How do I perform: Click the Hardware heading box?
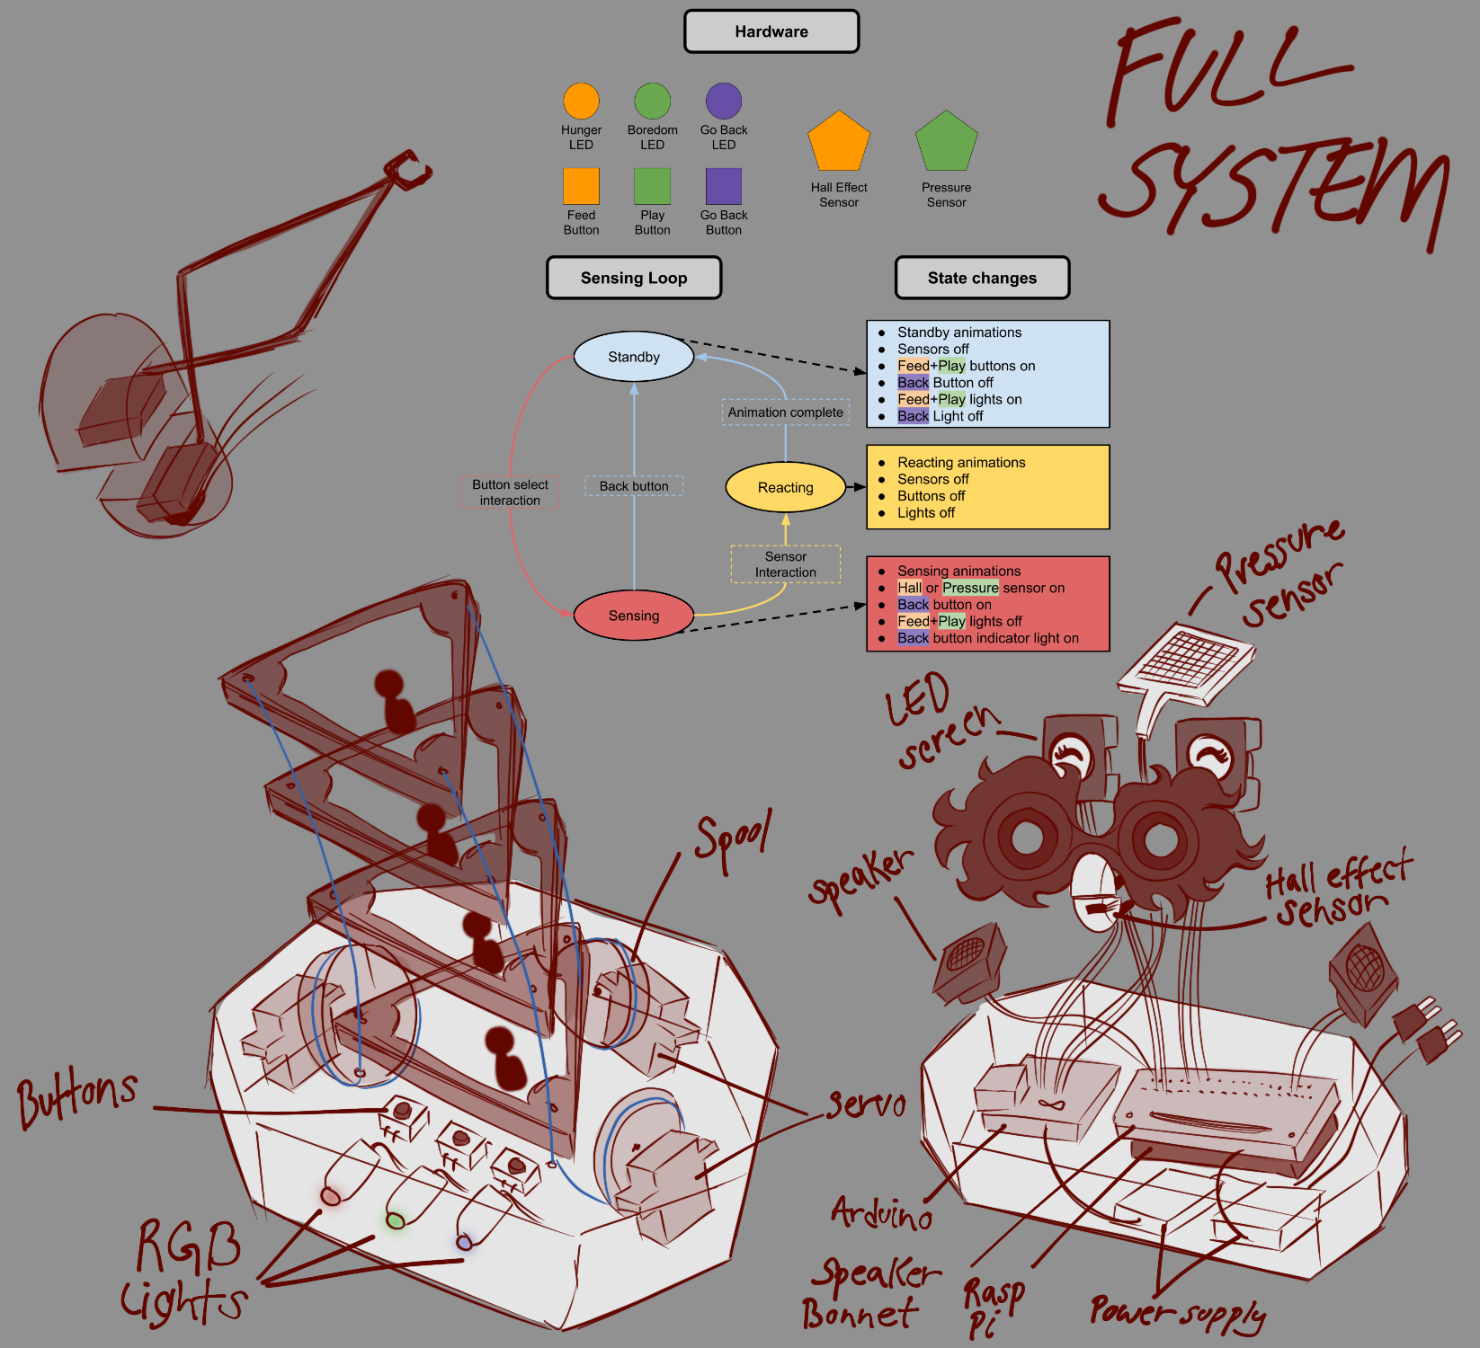click(771, 31)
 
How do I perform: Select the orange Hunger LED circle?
click(581, 102)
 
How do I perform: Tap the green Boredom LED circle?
click(652, 102)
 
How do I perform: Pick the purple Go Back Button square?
click(724, 186)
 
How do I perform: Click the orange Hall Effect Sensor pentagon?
click(839, 142)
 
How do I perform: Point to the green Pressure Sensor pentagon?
click(946, 142)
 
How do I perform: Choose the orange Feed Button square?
click(581, 186)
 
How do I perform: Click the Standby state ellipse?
click(634, 357)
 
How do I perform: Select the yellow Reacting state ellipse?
click(785, 487)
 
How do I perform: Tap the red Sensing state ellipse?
click(634, 616)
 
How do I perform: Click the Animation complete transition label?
click(785, 412)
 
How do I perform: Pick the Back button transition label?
click(634, 486)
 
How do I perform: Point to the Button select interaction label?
click(510, 492)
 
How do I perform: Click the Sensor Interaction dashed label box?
click(785, 564)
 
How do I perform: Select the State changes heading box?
click(982, 278)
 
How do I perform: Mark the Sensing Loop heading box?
click(634, 278)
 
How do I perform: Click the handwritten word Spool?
click(733, 840)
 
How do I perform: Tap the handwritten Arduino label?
click(881, 1214)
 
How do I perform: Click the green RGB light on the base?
click(396, 1220)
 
